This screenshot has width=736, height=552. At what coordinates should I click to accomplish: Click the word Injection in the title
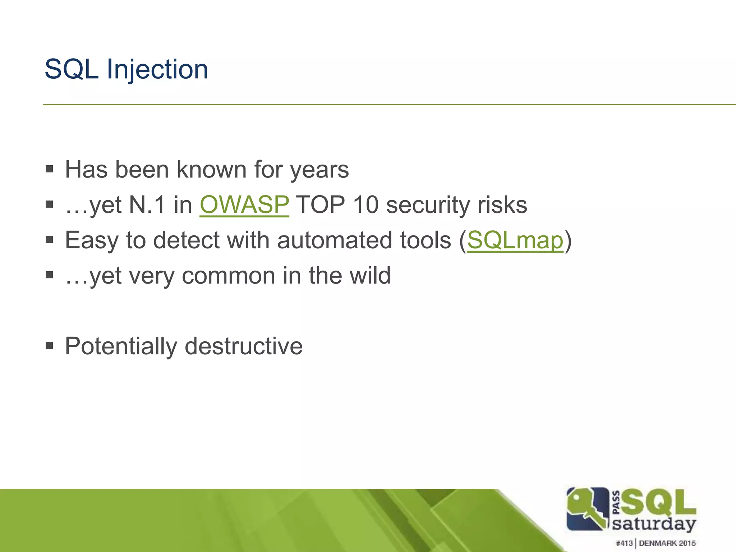coord(157,69)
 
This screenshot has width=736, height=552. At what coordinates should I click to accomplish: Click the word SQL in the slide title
coord(72,69)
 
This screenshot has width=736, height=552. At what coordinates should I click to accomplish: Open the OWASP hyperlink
coord(244,205)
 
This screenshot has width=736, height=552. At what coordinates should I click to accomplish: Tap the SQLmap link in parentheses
coord(515,240)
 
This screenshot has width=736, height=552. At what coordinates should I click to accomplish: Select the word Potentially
coord(121,346)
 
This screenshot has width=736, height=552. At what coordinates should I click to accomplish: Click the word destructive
coord(244,346)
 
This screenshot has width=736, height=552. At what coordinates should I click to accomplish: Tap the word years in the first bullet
coord(319,170)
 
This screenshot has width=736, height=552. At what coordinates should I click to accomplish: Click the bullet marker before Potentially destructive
coord(50,346)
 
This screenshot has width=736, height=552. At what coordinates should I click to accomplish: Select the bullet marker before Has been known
coord(50,169)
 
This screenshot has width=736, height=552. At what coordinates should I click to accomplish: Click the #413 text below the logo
coord(624,543)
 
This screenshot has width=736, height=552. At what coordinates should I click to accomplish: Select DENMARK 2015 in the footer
coord(667,543)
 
